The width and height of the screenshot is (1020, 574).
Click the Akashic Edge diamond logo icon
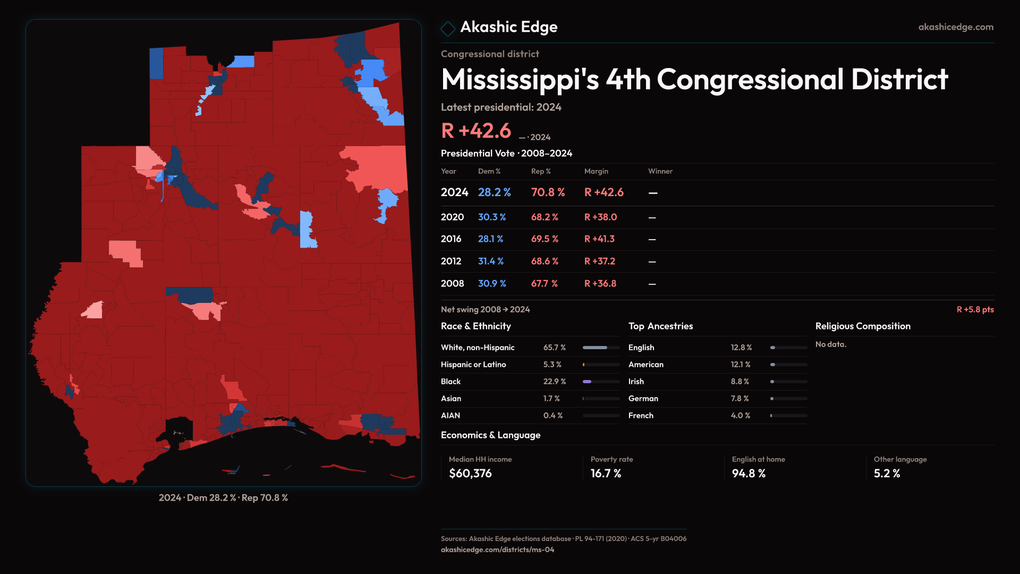[448, 29]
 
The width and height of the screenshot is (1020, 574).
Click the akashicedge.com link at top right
[955, 27]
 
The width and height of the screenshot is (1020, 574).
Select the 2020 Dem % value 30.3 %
[491, 217]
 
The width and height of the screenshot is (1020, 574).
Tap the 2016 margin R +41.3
[599, 239]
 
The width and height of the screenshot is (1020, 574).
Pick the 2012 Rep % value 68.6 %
[545, 261]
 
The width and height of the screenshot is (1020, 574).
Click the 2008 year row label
[452, 284]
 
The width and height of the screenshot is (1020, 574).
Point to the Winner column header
[660, 171]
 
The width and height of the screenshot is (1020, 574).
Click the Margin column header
[596, 171]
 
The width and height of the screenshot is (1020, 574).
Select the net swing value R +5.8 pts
[975, 310]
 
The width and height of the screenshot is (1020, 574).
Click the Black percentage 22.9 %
[554, 382]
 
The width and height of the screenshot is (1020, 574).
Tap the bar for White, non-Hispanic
[601, 348]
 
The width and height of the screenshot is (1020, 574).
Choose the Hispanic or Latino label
[473, 365]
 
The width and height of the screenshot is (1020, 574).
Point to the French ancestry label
[641, 416]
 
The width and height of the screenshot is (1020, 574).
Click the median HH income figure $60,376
[470, 474]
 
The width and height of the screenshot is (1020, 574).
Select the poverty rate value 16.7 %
[606, 474]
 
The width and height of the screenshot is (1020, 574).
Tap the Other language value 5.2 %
[887, 474]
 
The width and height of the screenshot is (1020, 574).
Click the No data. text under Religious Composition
[830, 344]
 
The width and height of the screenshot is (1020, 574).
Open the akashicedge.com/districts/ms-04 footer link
[497, 550]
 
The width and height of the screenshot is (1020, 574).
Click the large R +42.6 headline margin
[475, 131]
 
